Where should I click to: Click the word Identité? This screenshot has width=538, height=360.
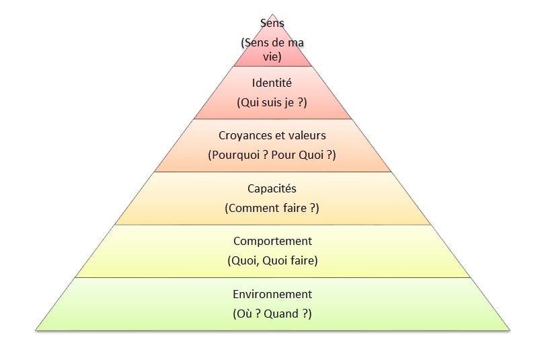coord(272,83)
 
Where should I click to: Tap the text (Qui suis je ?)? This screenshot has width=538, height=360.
coord(272,102)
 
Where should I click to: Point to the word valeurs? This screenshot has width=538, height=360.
coord(307,135)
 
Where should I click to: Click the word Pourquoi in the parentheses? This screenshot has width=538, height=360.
coord(234,155)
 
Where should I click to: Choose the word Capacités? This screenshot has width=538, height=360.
coord(272,189)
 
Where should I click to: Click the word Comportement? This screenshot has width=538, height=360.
coord(272,242)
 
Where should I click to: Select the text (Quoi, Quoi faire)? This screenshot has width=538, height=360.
coord(272,261)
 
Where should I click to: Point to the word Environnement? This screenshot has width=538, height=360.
coord(272,294)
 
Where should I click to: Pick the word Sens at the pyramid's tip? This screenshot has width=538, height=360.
coord(272,23)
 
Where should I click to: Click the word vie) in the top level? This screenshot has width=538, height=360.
coord(272,57)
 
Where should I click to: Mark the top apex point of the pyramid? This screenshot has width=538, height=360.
coord(272,14)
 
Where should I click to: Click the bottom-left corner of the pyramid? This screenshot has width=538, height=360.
coord(36,330)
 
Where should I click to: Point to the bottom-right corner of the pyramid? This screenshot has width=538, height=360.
coord(510,330)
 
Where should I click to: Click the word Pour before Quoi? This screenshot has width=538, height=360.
coord(283,155)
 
